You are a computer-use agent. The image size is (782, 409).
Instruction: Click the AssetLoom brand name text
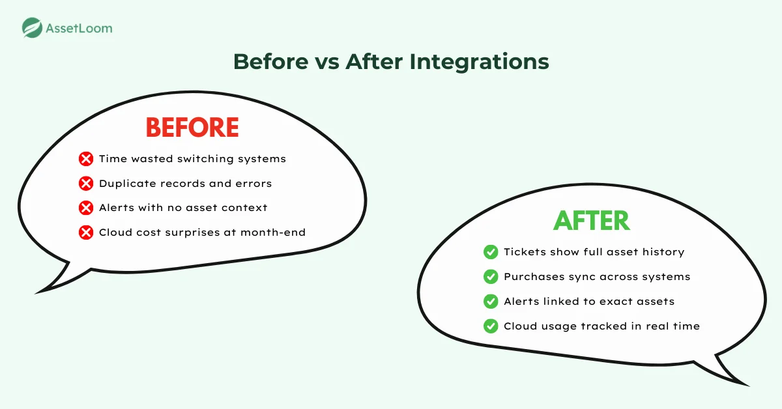(78, 28)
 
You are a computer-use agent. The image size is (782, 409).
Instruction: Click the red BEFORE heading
(192, 127)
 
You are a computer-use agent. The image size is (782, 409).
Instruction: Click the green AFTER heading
(591, 221)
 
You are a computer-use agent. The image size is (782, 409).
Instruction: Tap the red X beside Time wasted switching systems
(85, 159)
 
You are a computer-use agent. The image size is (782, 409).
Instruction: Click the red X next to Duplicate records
(85, 184)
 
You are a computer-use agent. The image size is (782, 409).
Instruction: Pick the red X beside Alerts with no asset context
(85, 208)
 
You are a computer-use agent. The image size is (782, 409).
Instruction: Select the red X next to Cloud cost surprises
(85, 233)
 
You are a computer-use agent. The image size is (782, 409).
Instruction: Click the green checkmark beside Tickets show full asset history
(491, 252)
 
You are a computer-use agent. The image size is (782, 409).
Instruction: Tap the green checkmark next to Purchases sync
(491, 277)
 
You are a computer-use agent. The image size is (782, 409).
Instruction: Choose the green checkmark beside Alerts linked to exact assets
(491, 302)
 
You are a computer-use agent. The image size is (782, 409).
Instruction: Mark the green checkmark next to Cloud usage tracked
(491, 326)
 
